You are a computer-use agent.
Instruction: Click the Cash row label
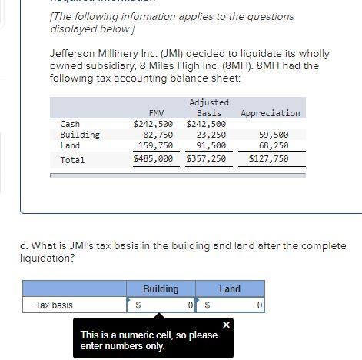point(70,124)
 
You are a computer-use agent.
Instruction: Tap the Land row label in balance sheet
point(70,145)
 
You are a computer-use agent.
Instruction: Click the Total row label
point(72,160)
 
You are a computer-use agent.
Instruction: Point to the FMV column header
point(156,113)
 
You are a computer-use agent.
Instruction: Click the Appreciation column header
point(270,113)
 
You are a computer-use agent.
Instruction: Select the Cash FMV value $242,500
point(153,124)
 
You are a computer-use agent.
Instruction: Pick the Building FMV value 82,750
point(158,135)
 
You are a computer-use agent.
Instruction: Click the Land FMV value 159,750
point(155,145)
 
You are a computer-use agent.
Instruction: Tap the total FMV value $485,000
point(153,159)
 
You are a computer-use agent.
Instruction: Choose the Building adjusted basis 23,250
point(211,135)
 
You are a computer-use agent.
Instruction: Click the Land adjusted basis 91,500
point(211,145)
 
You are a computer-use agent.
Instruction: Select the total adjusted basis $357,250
point(206,159)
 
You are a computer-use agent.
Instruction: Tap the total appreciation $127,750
point(269,159)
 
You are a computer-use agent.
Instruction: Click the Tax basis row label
point(55,305)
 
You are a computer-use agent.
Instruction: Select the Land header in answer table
point(230,289)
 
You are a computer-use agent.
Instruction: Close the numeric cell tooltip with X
point(226,325)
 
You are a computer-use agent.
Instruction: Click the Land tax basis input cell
point(235,305)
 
